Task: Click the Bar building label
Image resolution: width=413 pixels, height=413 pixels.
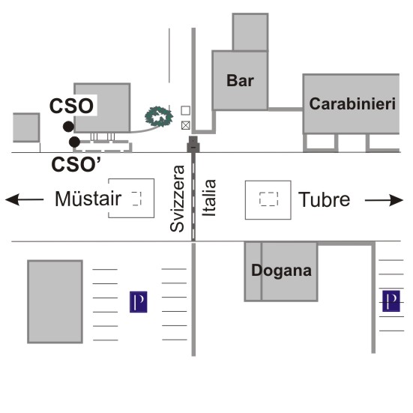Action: pyautogui.click(x=240, y=80)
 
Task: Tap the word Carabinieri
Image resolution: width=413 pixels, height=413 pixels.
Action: pyautogui.click(x=352, y=103)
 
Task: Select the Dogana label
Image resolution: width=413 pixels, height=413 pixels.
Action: pyautogui.click(x=281, y=271)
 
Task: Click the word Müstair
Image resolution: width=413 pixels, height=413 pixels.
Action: pyautogui.click(x=88, y=199)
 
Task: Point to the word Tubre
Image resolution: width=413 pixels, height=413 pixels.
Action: pyautogui.click(x=324, y=199)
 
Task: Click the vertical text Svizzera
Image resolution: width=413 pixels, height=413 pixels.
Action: pyautogui.click(x=177, y=199)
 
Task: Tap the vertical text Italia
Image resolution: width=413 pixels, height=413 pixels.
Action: pyautogui.click(x=209, y=198)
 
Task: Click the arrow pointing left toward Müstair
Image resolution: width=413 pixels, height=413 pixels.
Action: pyautogui.click(x=24, y=199)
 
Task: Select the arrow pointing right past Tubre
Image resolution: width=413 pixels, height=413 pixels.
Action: pyautogui.click(x=384, y=200)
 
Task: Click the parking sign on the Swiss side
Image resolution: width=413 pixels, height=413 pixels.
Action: pyautogui.click(x=139, y=302)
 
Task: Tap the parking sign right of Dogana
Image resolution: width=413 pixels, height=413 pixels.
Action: pyautogui.click(x=391, y=301)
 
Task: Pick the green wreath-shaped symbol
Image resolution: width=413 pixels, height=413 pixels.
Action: pyautogui.click(x=159, y=116)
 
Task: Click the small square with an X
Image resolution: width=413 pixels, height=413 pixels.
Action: pyautogui.click(x=186, y=125)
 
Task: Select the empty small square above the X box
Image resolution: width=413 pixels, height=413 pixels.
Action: pyautogui.click(x=186, y=110)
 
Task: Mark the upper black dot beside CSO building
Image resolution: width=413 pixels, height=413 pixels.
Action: pyautogui.click(x=68, y=127)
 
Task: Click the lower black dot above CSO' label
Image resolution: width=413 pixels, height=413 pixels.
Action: pyautogui.click(x=74, y=142)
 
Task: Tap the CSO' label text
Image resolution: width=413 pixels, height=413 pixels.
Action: pyautogui.click(x=76, y=164)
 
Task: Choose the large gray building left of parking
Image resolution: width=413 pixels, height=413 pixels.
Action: pyautogui.click(x=55, y=301)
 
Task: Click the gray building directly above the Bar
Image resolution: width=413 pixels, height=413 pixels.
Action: pyautogui.click(x=250, y=32)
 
